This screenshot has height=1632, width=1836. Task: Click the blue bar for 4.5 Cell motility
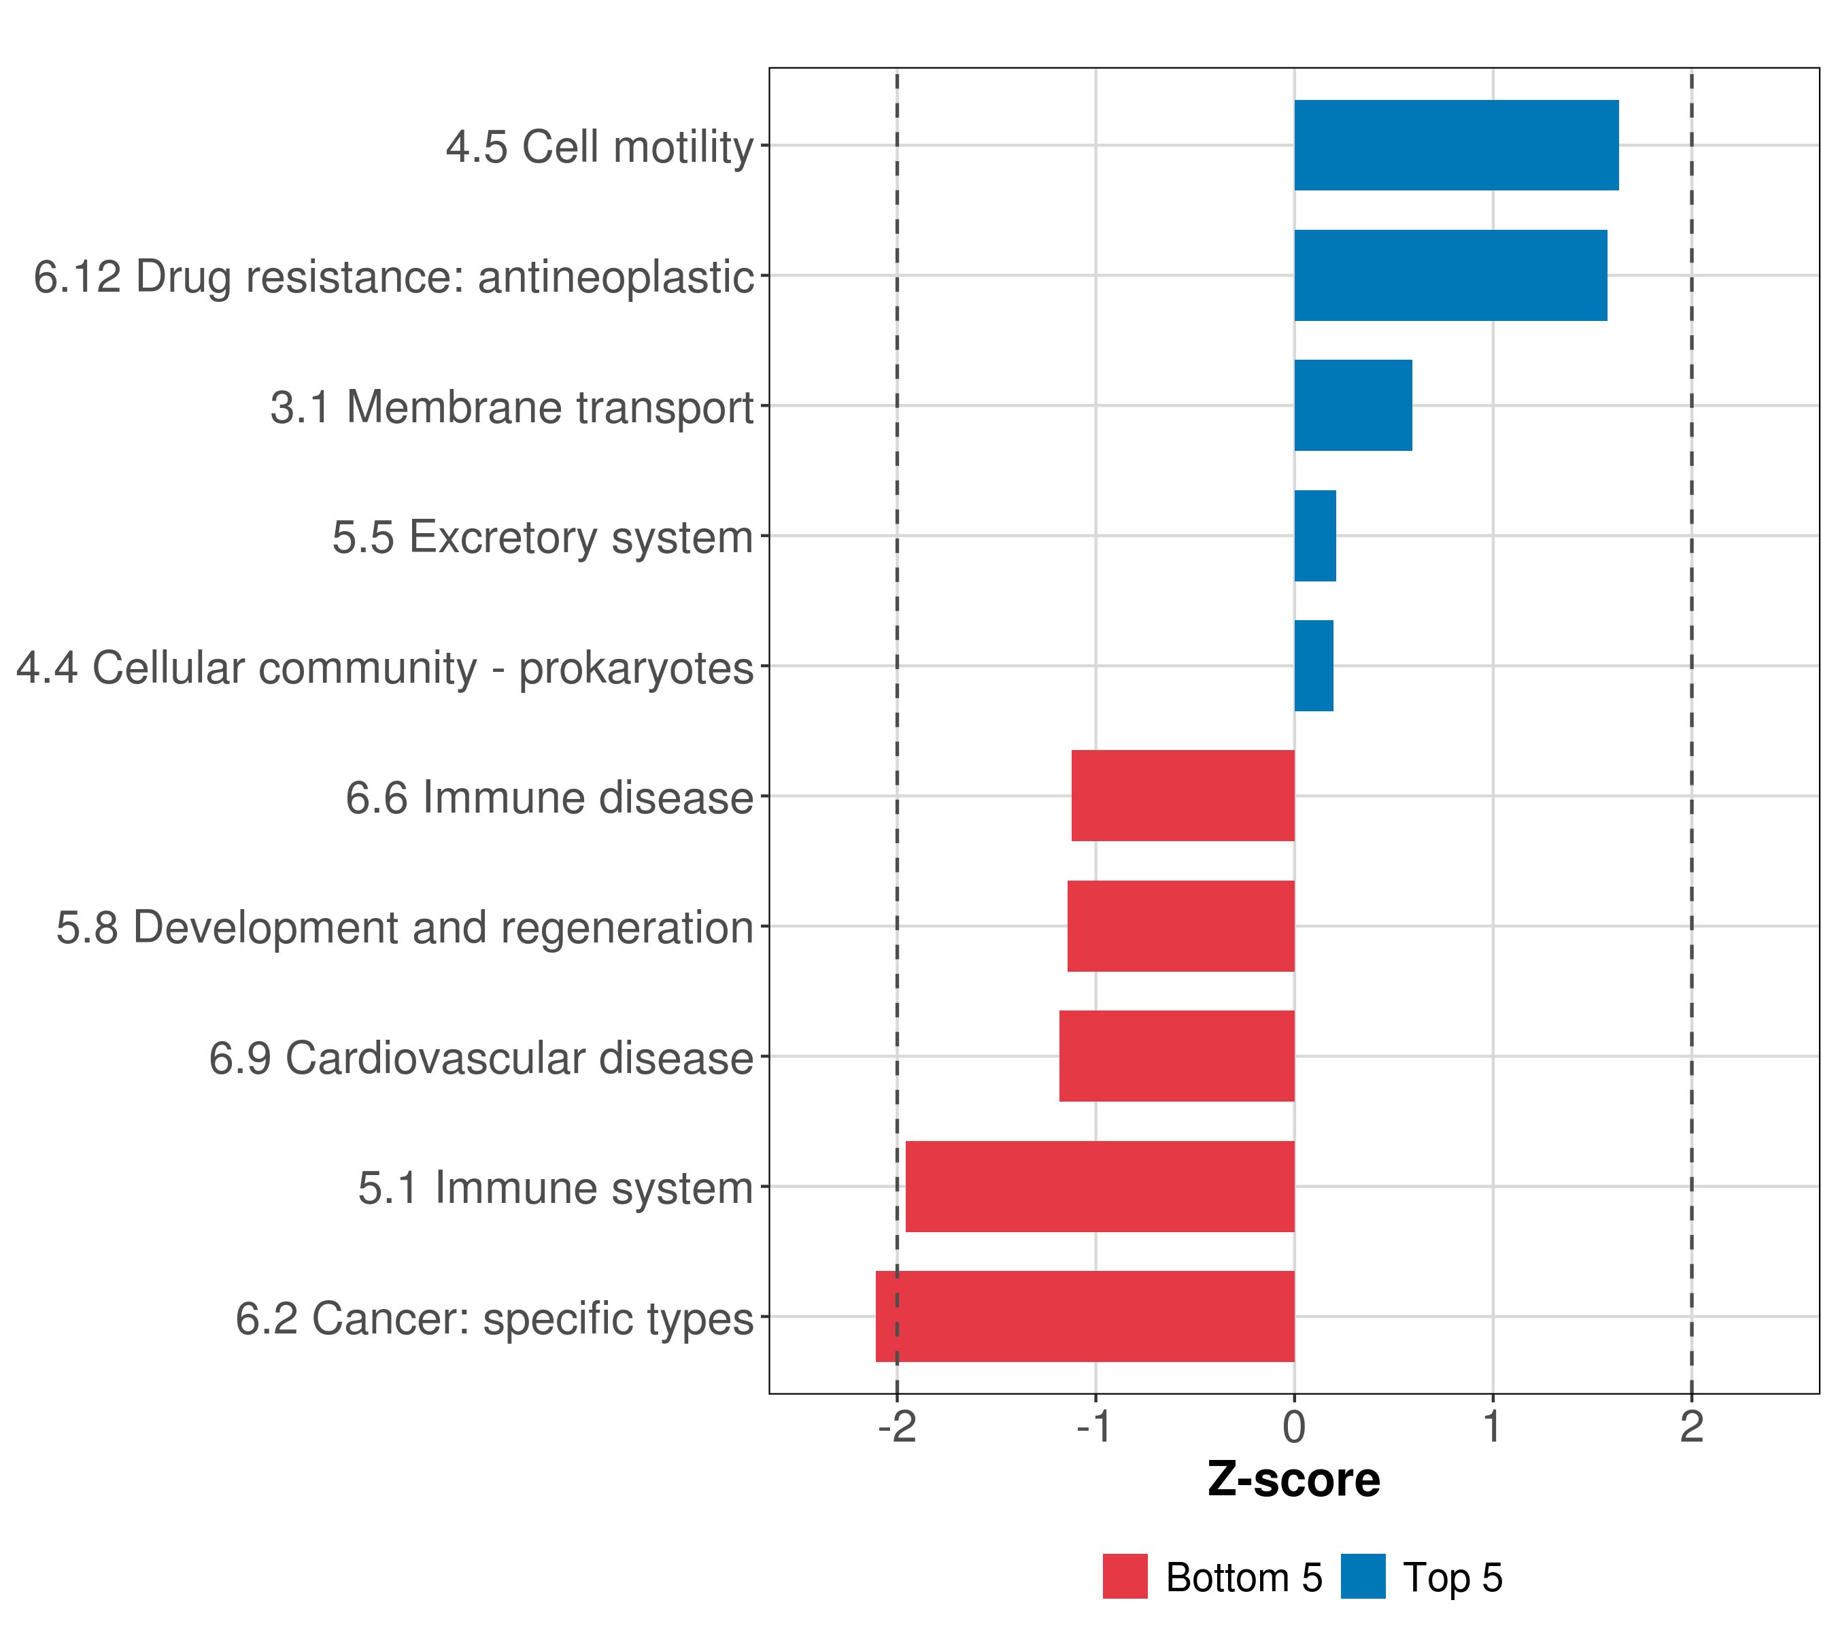coord(1455,146)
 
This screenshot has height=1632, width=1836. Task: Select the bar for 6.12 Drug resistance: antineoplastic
coord(1450,276)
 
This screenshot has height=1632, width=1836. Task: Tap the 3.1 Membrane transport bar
coord(1353,405)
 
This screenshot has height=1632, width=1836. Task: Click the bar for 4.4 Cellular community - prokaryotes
coord(1313,666)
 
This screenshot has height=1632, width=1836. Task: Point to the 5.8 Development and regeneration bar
coord(1180,926)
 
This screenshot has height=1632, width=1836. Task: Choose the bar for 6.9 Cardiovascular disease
coord(1176,1056)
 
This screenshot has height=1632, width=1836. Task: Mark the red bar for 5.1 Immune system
coord(1100,1187)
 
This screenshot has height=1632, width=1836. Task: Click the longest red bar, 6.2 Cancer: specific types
coord(1085,1316)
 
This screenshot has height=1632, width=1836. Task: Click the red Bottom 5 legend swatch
coord(1125,1576)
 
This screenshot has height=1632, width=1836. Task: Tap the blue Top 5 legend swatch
coord(1363,1576)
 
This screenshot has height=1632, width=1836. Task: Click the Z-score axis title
coord(1293,1479)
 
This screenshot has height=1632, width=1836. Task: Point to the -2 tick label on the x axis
coord(896,1427)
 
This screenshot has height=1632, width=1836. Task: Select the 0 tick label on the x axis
coord(1293,1427)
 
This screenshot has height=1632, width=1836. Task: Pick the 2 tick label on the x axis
coord(1691,1427)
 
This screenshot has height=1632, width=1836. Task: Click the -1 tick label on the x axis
coord(1095,1427)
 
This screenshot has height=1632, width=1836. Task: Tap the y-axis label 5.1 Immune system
coord(555,1187)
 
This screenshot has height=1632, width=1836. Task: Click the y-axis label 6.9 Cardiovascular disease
coord(481,1057)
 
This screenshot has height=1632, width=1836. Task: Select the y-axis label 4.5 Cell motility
coord(599,146)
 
